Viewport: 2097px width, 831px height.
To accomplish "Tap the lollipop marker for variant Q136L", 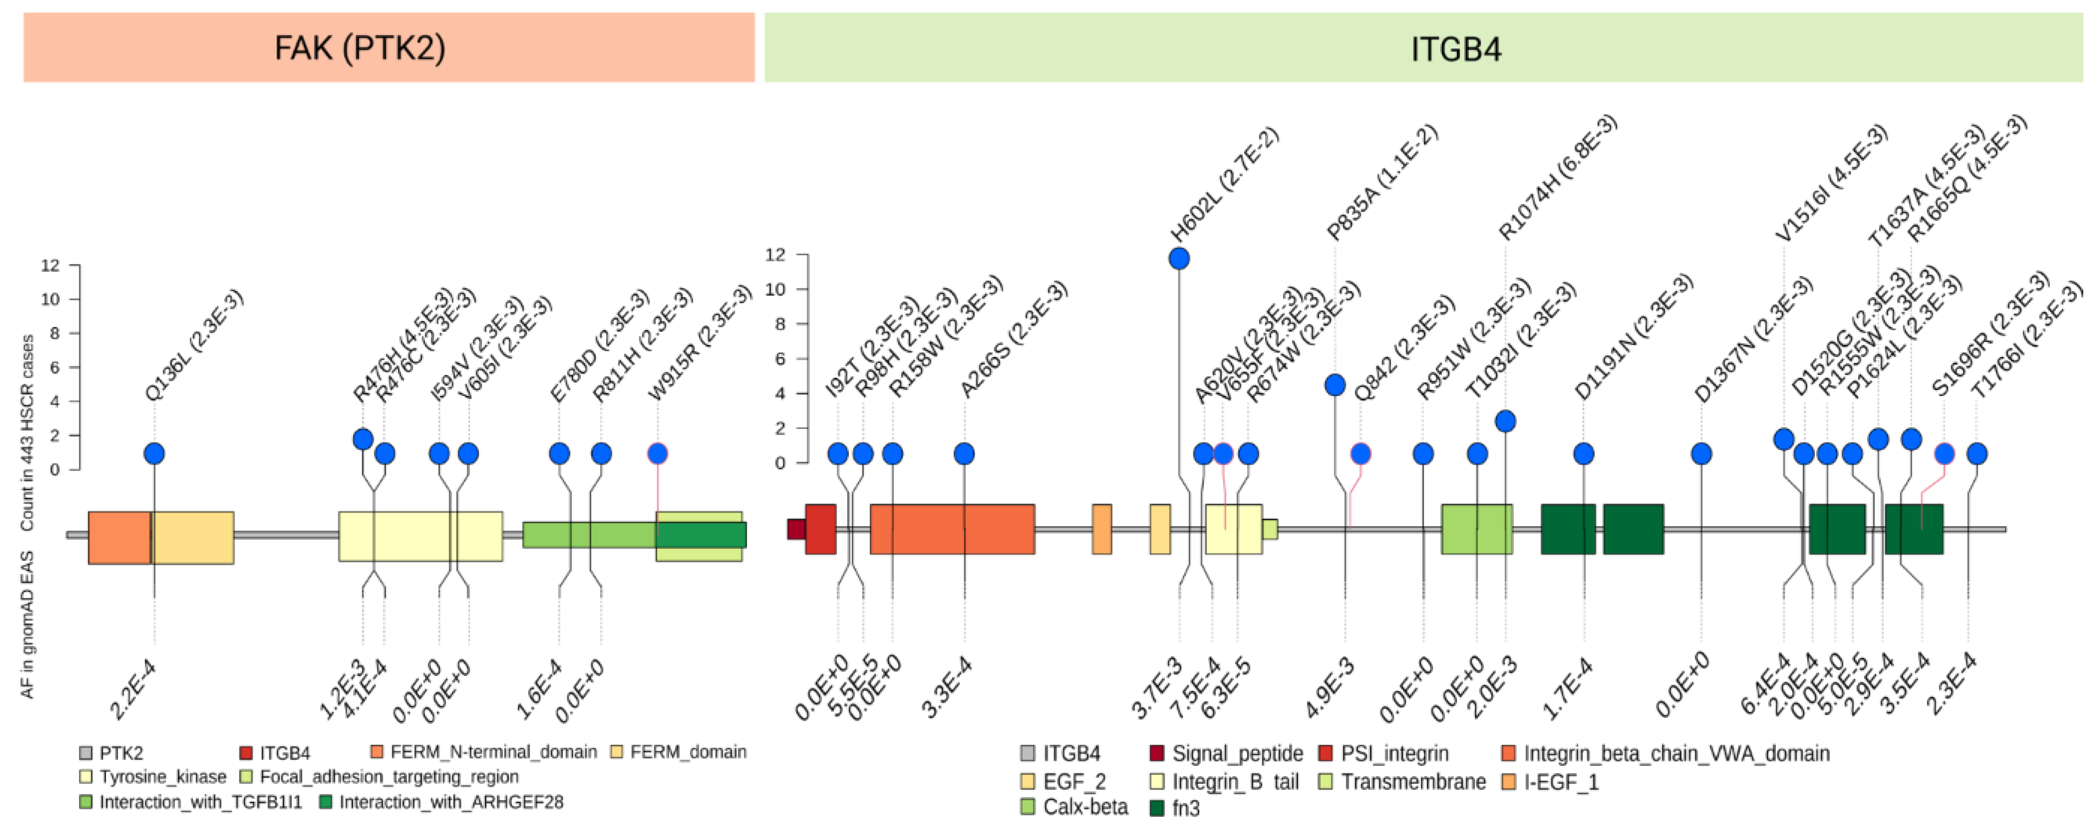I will coord(154,453).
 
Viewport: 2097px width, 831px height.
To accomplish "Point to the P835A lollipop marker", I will coord(1334,385).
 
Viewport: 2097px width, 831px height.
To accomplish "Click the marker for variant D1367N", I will coord(1701,453).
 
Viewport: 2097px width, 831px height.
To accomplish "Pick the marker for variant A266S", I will coord(964,453).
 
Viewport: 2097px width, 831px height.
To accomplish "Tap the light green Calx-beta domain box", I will coord(1476,529).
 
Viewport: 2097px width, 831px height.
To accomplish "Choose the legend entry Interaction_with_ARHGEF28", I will coord(450,802).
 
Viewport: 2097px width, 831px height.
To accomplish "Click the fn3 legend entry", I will coord(1184,808).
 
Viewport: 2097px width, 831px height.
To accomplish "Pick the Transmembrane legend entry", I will coord(1412,782).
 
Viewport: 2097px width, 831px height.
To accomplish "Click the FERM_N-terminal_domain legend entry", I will coord(493,752).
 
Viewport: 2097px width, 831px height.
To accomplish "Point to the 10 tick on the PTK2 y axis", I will coord(51,299).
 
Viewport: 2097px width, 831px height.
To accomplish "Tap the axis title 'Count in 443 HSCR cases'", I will coord(27,431).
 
